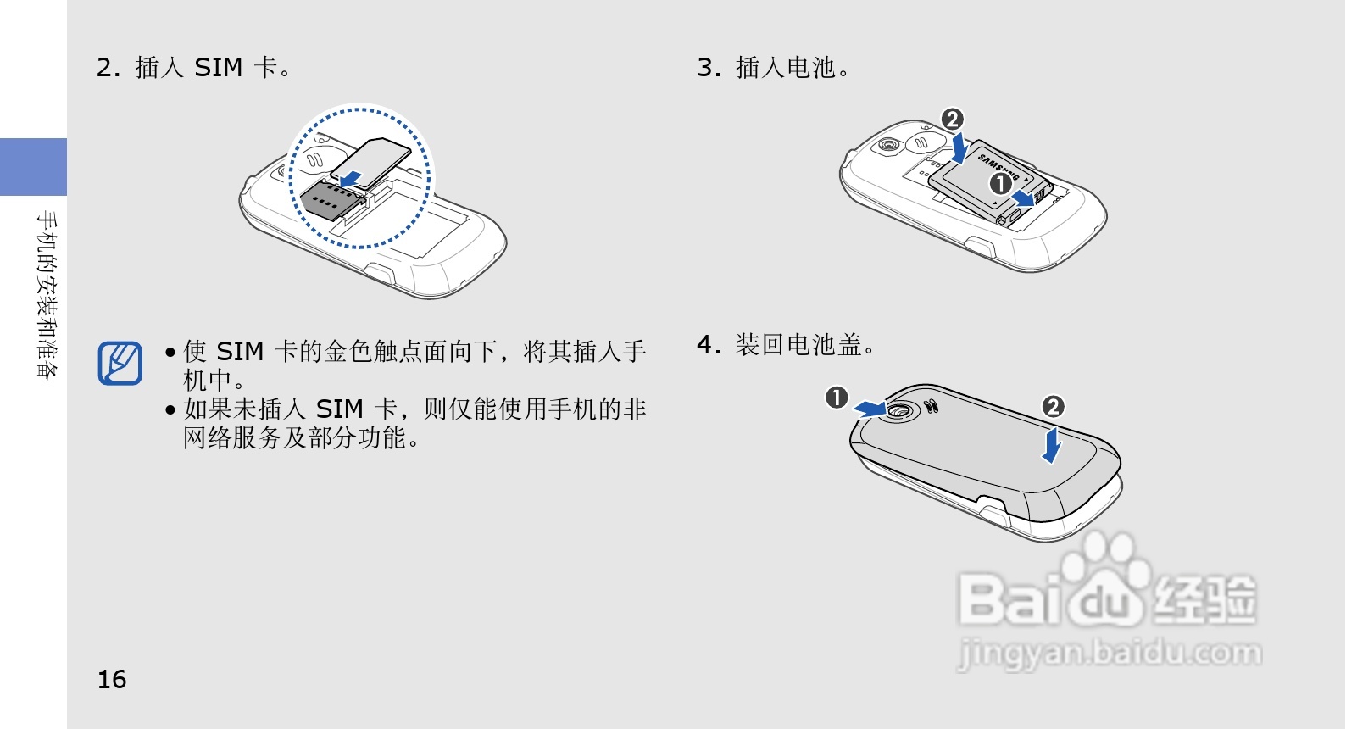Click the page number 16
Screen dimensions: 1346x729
coord(112,679)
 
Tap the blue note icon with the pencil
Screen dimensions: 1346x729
coord(120,363)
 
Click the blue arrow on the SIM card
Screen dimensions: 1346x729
coord(350,179)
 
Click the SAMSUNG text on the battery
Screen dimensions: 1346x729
coord(998,168)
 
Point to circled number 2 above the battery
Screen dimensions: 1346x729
coord(953,119)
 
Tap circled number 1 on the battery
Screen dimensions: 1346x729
coord(1000,183)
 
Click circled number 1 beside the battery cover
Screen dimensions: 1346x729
coord(837,398)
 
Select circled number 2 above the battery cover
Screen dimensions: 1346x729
coord(1053,407)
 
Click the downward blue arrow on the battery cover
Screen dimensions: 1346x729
coord(1052,445)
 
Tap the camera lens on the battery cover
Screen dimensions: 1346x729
coord(899,410)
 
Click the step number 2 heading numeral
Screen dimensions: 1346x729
coord(104,67)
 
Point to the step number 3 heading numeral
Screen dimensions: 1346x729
coord(705,67)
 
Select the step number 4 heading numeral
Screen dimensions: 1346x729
coord(705,344)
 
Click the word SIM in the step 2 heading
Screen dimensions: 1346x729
coord(218,67)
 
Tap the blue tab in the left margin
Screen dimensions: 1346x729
coord(34,166)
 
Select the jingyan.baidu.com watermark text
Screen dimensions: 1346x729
coord(1110,653)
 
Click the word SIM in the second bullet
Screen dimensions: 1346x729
coord(340,409)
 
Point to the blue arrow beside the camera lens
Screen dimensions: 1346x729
coord(870,409)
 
